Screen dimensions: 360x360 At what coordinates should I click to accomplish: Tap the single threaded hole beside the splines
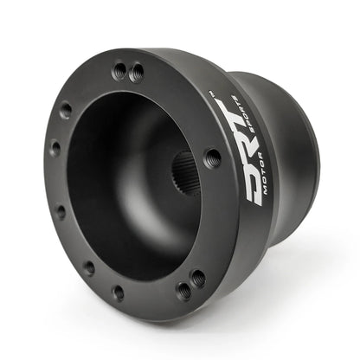[x=212, y=157]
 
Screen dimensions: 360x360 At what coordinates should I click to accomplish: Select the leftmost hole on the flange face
[x=54, y=148]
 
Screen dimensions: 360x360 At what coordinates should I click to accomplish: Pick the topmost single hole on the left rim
[x=66, y=110]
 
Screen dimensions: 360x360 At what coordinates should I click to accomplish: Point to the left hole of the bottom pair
[x=183, y=289]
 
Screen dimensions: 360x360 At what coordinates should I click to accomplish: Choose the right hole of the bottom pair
[x=197, y=279]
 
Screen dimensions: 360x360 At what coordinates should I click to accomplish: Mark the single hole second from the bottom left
[x=88, y=267]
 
